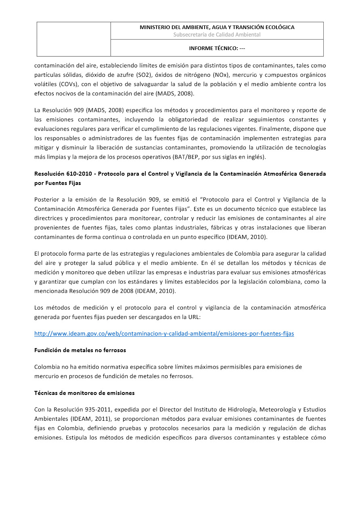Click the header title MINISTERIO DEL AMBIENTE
pyautogui.click(x=217, y=27)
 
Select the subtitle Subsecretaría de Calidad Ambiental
pyautogui.click(x=217, y=35)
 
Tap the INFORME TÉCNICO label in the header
pyautogui.click(x=217, y=48)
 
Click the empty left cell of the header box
pyautogui.click(x=74, y=39)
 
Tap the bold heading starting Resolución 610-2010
pyautogui.click(x=180, y=174)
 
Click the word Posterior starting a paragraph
pyautogui.click(x=46, y=199)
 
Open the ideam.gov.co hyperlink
pyautogui.click(x=164, y=334)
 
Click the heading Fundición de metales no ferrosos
pyautogui.click(x=80, y=350)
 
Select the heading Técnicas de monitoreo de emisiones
pyautogui.click(x=84, y=393)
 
